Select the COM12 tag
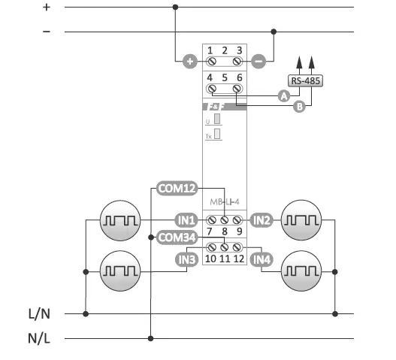177,189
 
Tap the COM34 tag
177,237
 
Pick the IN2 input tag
261,220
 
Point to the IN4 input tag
261,260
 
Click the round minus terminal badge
258,61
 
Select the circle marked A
283,95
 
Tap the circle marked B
299,107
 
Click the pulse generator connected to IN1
121,220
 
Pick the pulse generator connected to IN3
121,270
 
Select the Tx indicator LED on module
217,135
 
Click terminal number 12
239,259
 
